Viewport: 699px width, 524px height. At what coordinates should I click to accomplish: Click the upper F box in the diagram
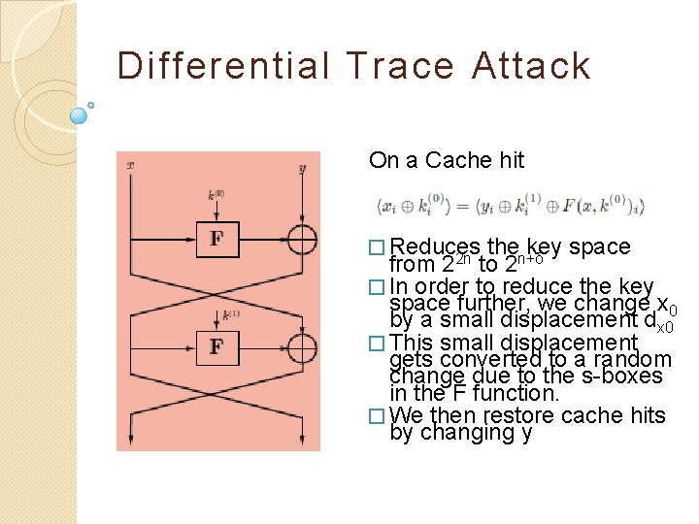tap(216, 239)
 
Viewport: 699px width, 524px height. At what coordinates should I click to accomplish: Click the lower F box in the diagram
tap(216, 346)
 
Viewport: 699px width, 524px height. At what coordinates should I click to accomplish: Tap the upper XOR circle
tap(302, 239)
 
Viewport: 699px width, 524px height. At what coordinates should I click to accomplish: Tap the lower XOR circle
tap(302, 346)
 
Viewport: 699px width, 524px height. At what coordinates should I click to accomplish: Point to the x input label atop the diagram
tap(129, 166)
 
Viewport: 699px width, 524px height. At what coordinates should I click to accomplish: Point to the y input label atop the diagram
tap(303, 167)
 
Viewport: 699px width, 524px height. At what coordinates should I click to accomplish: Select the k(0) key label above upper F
tap(216, 194)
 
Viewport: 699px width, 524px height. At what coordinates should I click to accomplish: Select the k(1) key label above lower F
tap(231, 313)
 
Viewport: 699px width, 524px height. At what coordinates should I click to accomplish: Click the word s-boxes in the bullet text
tap(624, 376)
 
